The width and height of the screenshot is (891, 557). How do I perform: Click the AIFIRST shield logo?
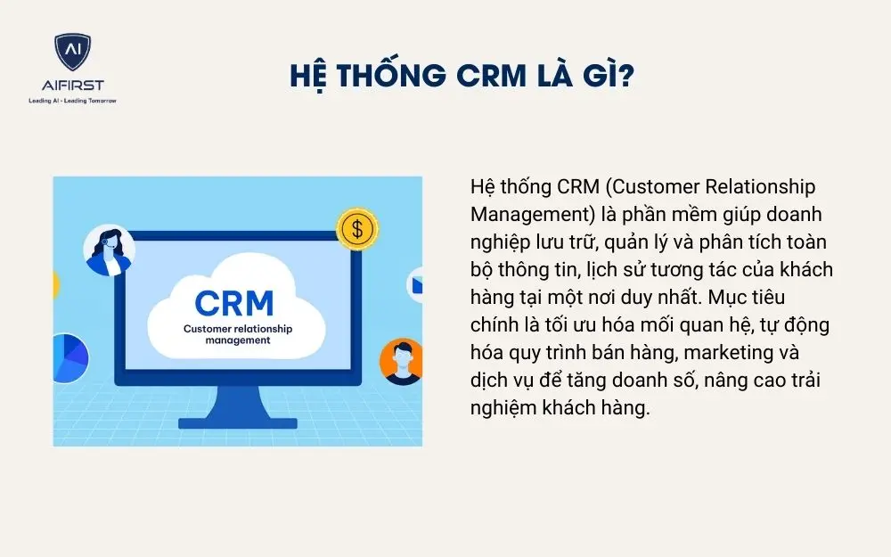[x=72, y=53]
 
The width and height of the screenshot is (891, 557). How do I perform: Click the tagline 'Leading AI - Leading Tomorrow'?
[x=72, y=100]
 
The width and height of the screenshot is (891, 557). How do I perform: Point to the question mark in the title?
[x=625, y=75]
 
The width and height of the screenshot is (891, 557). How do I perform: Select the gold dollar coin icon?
[x=356, y=229]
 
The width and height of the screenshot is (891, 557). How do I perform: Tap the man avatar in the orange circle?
[x=402, y=361]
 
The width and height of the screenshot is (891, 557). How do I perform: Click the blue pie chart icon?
[x=70, y=356]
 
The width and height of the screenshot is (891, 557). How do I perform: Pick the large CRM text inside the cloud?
[x=234, y=302]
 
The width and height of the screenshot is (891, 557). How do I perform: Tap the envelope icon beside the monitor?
[x=416, y=284]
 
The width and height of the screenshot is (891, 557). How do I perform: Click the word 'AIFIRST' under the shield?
[x=72, y=86]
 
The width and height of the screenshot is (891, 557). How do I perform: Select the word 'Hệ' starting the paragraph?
[x=481, y=188]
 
